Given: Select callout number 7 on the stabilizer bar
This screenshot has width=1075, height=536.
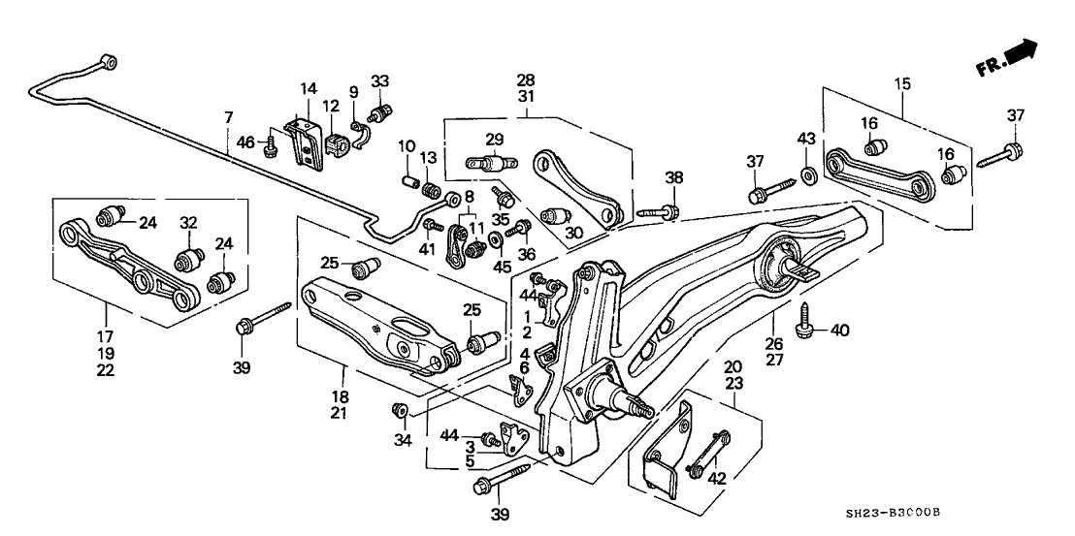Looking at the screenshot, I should pos(228,119).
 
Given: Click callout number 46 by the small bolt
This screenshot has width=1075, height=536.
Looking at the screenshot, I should pos(246,143).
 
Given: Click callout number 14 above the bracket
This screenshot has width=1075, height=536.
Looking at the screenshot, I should pos(308,88).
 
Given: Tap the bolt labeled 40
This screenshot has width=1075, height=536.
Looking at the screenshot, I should pos(805,321).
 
